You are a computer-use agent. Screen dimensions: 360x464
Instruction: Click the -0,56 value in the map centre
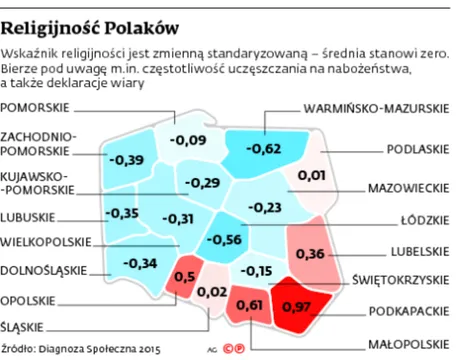[227, 240]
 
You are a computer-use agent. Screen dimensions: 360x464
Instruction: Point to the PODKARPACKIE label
[411, 312]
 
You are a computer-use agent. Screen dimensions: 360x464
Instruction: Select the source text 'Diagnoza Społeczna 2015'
[96, 349]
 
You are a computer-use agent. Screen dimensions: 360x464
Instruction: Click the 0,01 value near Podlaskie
[312, 176]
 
